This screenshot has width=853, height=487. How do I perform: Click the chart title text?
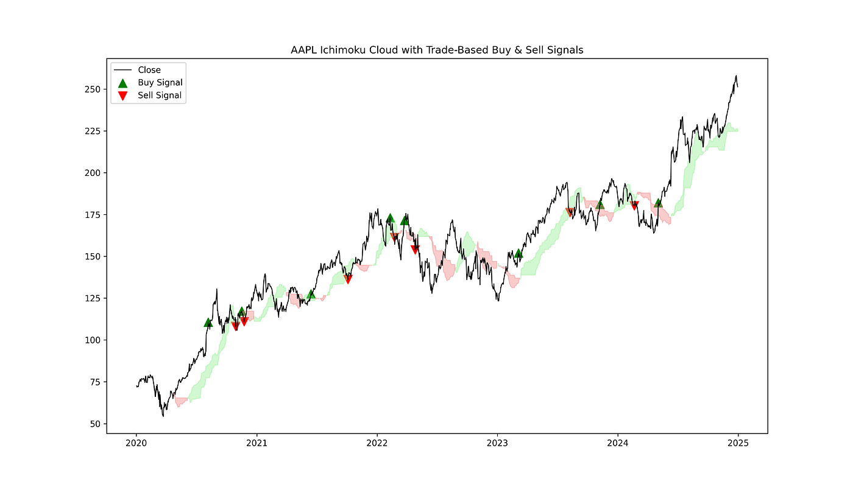tap(437, 50)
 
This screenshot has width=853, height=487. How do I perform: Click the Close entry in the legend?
tap(149, 70)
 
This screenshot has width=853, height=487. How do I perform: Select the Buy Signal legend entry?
tap(160, 83)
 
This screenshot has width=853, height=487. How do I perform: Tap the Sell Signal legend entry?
tap(160, 96)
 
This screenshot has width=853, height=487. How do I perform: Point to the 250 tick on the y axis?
tap(95, 89)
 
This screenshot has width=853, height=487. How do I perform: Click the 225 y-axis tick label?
tap(95, 131)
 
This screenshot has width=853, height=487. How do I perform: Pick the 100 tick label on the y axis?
tap(95, 340)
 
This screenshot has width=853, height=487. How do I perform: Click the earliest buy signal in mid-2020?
tap(208, 323)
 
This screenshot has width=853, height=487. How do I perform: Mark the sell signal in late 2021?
tap(348, 279)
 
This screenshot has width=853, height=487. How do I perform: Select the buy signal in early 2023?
tap(519, 253)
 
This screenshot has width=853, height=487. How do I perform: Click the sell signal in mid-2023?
tap(570, 212)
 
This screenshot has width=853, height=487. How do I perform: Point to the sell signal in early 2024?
tap(634, 206)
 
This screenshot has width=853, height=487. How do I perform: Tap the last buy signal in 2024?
tap(658, 203)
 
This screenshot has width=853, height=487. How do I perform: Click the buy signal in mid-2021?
tap(311, 295)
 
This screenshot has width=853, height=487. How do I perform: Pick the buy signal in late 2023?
tap(600, 205)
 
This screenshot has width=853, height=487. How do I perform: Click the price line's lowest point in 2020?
tap(163, 416)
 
